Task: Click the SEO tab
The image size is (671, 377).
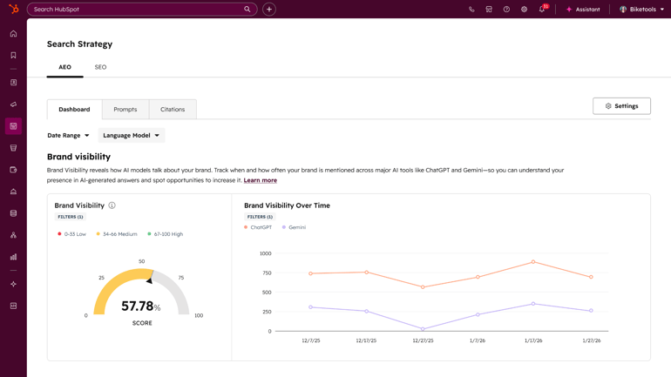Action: pos(100,67)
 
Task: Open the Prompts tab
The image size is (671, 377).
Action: pos(125,110)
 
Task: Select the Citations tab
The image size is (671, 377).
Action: pos(173,110)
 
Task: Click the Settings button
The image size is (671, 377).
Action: pos(621,106)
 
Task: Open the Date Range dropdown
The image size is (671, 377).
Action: pos(68,136)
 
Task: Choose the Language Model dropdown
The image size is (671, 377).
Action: pos(131,136)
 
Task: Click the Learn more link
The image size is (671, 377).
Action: pos(261,180)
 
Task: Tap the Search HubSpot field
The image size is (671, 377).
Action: pos(139,10)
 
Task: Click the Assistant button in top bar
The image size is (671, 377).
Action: pos(583,10)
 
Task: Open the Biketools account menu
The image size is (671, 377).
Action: pos(642,10)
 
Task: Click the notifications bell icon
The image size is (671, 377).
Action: pos(541,10)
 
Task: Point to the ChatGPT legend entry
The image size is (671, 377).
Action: pos(258,227)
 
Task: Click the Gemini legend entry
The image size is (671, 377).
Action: pos(295,227)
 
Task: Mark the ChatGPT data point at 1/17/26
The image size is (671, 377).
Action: pos(533,262)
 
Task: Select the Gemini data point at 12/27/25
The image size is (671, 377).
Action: pos(423,329)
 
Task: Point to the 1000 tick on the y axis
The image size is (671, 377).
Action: pos(266,253)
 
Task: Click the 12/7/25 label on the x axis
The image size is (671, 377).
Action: pos(311,340)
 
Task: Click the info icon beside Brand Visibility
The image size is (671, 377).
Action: pos(112,205)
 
